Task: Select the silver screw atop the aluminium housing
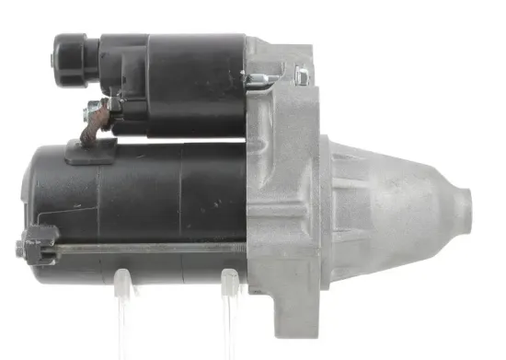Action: pos(300,73)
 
